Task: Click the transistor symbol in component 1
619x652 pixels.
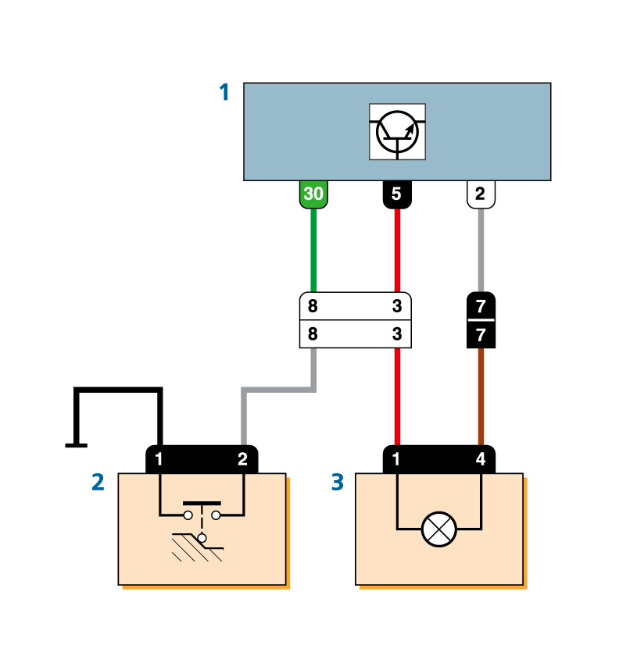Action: click(x=397, y=131)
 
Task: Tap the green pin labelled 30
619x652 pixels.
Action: click(x=313, y=194)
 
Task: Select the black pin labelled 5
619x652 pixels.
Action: click(x=397, y=194)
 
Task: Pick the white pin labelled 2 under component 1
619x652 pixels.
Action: click(x=480, y=194)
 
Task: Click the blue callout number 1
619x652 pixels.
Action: click(x=224, y=93)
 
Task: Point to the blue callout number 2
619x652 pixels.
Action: click(x=98, y=483)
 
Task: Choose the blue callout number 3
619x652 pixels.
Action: click(x=337, y=483)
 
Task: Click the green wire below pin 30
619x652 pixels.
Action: click(x=313, y=250)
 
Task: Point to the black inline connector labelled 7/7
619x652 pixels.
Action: click(x=480, y=320)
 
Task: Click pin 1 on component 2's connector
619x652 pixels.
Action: click(x=159, y=460)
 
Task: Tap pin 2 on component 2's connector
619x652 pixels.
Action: click(x=242, y=460)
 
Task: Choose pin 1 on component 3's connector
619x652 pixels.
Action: click(x=397, y=460)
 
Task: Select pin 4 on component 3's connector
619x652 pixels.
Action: click(x=480, y=460)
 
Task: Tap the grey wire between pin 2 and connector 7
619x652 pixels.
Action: click(x=480, y=250)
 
